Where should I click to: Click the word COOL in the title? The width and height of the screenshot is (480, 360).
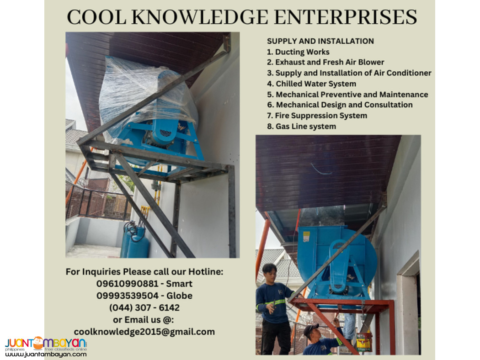tap(94, 17)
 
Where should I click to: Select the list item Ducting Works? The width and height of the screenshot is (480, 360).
tap(298, 52)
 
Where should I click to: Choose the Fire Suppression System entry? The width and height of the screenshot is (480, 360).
tap(317, 116)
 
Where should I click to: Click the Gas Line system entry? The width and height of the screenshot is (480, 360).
tap(301, 126)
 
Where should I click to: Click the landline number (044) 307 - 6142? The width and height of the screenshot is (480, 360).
tap(144, 307)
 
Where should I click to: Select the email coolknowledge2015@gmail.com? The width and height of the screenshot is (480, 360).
tap(144, 332)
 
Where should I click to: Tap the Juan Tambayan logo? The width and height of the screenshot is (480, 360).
tap(46, 344)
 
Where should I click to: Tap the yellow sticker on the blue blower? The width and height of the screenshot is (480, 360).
tap(306, 237)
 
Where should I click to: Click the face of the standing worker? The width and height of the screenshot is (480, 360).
tap(270, 271)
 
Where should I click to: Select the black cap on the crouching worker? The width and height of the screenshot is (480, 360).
tap(311, 328)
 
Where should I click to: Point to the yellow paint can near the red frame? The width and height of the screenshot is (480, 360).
tap(364, 342)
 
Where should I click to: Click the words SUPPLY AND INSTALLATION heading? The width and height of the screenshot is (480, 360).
tap(320, 41)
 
